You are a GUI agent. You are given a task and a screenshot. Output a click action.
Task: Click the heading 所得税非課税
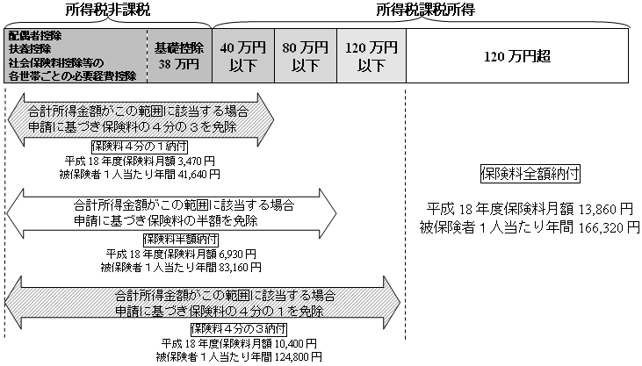pos(106,11)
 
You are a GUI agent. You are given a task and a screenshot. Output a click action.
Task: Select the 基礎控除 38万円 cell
pos(179,55)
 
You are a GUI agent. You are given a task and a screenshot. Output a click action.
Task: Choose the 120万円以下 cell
pos(371,55)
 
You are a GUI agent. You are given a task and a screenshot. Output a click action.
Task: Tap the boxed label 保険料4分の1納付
pos(131,147)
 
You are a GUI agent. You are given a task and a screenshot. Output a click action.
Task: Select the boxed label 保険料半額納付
pos(180,239)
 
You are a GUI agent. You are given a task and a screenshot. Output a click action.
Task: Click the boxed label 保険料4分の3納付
pos(232,329)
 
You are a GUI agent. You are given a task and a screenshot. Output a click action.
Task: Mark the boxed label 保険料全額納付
pos(519,173)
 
